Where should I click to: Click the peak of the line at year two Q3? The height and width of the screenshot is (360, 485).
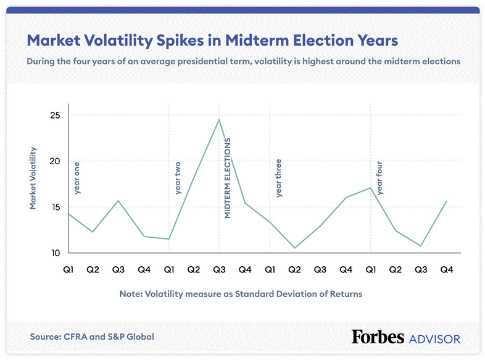point(219,119)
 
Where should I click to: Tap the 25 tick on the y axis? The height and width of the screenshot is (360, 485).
point(55,115)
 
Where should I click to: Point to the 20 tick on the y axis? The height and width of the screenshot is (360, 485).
point(55,161)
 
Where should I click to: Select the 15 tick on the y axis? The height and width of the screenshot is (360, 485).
point(55,207)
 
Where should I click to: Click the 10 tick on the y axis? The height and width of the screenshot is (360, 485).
point(55,253)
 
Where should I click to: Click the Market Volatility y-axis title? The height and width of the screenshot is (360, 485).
point(33,178)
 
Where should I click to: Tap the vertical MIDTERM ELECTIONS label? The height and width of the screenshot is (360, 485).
point(227,178)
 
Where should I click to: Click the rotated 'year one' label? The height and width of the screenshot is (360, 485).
point(77,178)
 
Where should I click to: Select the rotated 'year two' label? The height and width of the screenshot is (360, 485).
point(178,178)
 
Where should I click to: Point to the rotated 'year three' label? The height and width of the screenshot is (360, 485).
point(278,178)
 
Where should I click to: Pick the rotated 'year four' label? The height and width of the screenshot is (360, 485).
point(379,178)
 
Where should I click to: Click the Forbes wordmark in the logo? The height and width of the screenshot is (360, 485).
point(378,337)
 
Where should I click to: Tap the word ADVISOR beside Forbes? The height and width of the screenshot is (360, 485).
point(434,338)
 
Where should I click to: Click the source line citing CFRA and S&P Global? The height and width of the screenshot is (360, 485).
point(92,337)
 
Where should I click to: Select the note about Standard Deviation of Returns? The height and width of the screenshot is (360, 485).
point(241,294)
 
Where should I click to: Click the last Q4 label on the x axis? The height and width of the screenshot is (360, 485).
point(446,269)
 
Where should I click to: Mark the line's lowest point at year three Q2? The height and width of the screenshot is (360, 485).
point(295,248)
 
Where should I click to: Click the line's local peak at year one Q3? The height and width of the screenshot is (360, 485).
point(118,201)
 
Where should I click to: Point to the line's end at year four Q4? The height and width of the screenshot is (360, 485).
point(446,201)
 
